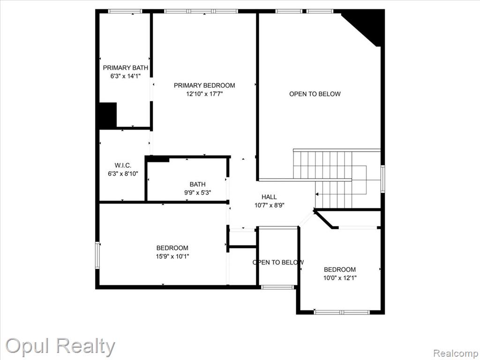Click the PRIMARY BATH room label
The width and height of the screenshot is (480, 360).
coord(126,67)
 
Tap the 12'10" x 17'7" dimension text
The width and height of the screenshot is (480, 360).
coord(204,94)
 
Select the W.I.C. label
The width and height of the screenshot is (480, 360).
coord(123,165)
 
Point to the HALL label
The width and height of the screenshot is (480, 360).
coord(269,197)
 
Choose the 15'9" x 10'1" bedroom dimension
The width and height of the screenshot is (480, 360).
coord(172,256)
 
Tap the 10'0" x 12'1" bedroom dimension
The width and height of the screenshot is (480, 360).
coord(340,278)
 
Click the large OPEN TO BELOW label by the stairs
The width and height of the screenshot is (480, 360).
coord(315,94)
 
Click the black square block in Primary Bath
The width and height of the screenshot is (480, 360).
coord(108,115)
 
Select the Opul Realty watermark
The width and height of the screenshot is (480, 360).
coord(60,346)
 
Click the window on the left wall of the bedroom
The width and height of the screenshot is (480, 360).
coord(97,255)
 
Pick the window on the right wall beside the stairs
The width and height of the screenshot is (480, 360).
coord(382,179)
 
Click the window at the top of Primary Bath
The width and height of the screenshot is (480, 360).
coord(125,11)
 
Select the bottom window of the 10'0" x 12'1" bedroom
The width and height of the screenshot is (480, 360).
coord(342,312)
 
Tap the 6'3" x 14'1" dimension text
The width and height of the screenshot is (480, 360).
coord(126,76)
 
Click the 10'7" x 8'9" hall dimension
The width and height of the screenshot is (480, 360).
coord(270,205)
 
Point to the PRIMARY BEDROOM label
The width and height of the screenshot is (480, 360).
coord(204,85)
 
